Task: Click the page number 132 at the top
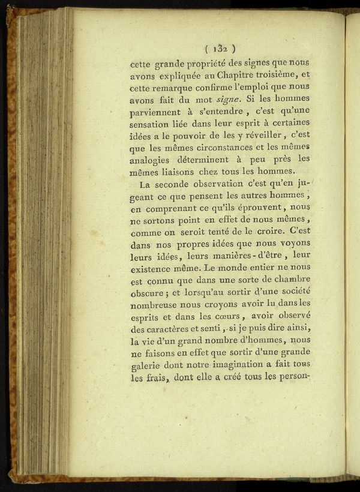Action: pos(219,49)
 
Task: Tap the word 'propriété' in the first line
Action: pos(208,61)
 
